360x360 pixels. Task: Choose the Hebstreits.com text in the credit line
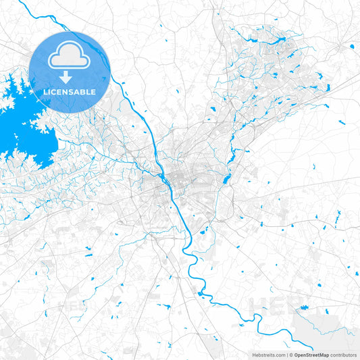(267, 355)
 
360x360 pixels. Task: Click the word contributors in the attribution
(343, 355)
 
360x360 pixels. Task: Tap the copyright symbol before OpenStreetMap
(291, 355)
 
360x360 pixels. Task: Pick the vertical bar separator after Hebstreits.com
(286, 355)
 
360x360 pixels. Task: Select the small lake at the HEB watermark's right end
(305, 308)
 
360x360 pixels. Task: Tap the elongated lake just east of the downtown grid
(226, 178)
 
